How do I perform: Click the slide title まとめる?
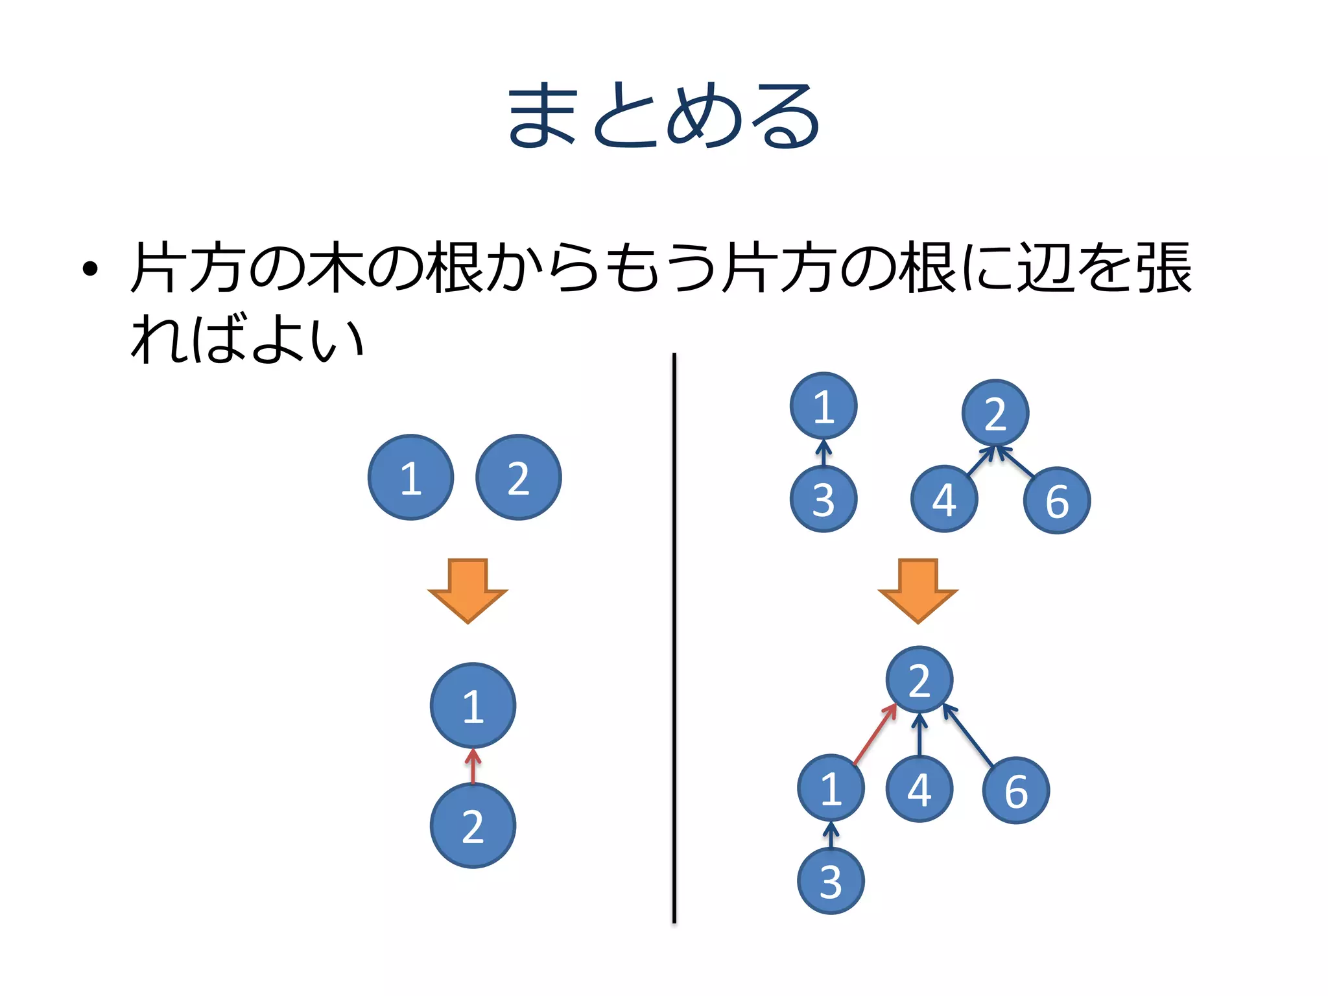tap(663, 115)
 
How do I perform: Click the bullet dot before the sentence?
tap(90, 268)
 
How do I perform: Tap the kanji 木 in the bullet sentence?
tap(335, 267)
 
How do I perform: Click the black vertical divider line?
tap(674, 635)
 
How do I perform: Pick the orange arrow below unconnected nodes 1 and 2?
tap(468, 590)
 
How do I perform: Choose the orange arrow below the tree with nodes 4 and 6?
tap(918, 590)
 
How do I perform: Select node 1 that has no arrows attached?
tap(410, 477)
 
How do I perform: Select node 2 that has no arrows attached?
tap(518, 477)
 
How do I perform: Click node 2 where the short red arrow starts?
tap(473, 825)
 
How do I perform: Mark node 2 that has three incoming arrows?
tap(919, 680)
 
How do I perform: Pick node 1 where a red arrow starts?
tap(831, 788)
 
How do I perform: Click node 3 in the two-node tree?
tap(824, 499)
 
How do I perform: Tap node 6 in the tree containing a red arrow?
tap(1015, 790)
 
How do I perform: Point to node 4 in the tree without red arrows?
tap(944, 499)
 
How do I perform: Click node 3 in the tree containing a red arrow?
tap(831, 881)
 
